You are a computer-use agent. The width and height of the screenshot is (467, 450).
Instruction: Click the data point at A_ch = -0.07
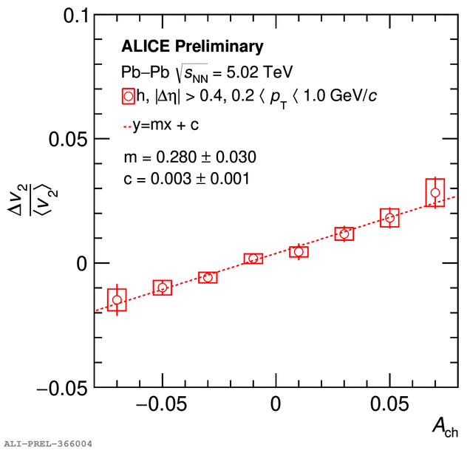point(117,299)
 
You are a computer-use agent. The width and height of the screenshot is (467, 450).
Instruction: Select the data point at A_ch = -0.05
point(163,287)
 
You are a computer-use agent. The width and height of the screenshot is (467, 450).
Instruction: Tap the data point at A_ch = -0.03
point(208,277)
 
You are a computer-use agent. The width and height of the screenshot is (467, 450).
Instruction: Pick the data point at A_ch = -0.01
point(253,259)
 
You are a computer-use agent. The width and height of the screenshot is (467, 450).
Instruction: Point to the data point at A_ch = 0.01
point(299,252)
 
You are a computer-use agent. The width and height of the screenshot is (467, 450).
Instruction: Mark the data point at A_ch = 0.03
point(344,234)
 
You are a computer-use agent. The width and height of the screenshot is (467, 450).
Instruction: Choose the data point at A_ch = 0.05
point(390,217)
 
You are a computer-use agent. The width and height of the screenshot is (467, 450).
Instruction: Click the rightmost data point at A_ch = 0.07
point(435,193)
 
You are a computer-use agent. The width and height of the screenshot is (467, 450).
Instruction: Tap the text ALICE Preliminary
point(192,47)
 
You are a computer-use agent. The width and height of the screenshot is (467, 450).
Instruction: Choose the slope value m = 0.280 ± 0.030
point(191,157)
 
